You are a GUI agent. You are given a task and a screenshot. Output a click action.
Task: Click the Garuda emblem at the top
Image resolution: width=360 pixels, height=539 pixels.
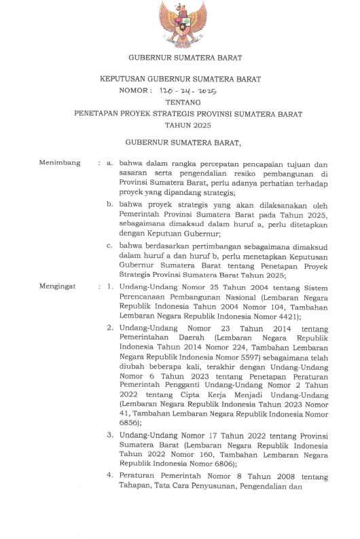click(180, 24)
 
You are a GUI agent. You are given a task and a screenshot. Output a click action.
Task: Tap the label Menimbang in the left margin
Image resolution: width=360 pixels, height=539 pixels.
click(60, 164)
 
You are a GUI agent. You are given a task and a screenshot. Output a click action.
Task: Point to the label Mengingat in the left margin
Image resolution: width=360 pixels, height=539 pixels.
click(59, 288)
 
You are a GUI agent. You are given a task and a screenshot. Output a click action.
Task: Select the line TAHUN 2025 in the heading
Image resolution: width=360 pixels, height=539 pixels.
click(179, 126)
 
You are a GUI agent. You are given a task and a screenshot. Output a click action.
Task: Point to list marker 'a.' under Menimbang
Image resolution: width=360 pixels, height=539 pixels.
click(110, 164)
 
